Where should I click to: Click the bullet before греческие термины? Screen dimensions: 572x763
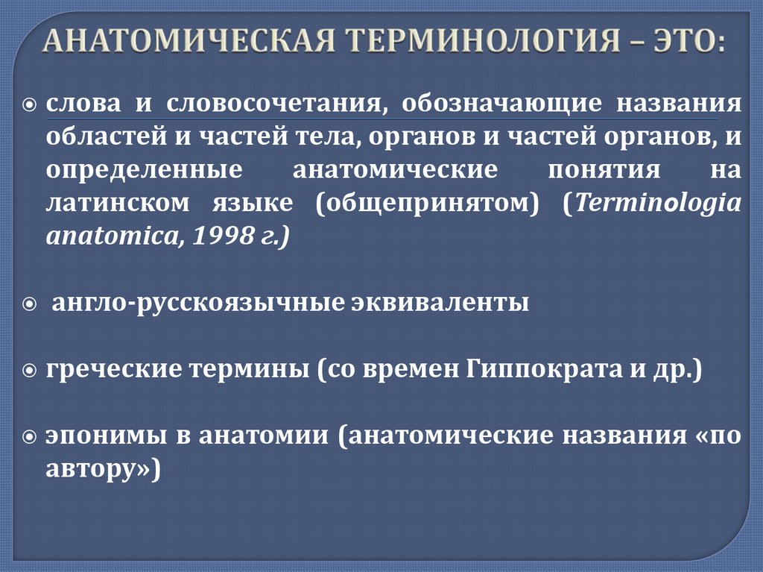(29, 371)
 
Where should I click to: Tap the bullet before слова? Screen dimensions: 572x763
(29, 104)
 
